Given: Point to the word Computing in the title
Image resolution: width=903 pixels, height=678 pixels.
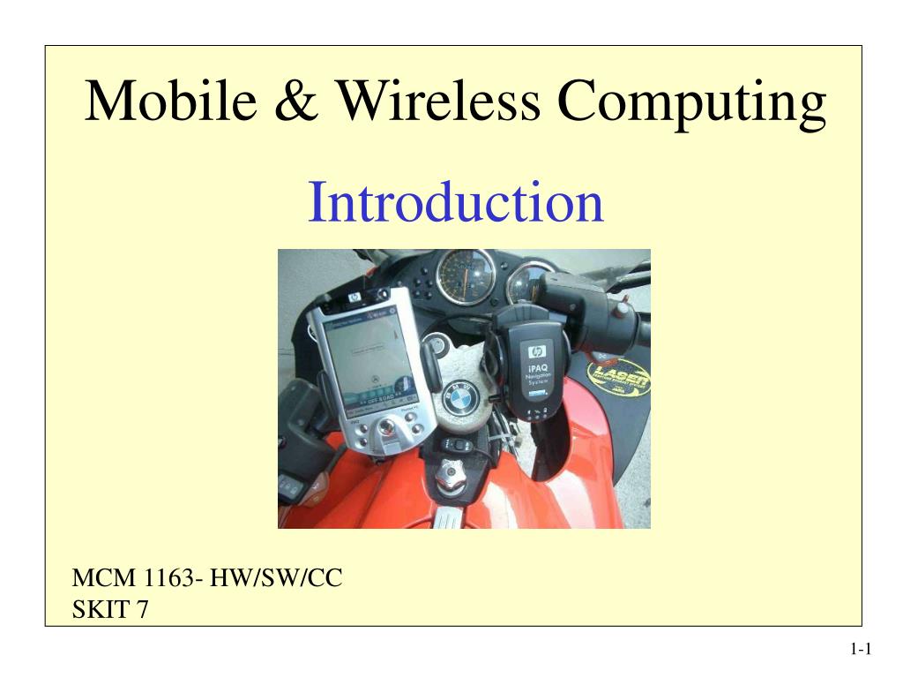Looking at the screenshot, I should [691, 102].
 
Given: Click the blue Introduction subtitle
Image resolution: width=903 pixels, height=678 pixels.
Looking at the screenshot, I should [455, 202].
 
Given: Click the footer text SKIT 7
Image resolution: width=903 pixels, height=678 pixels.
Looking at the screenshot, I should [109, 609].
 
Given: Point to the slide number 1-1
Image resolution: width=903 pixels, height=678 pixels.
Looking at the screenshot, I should [861, 651].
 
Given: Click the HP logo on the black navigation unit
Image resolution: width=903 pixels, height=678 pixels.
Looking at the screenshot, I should [537, 351].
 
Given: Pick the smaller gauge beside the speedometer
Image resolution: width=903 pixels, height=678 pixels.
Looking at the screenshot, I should [529, 281].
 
